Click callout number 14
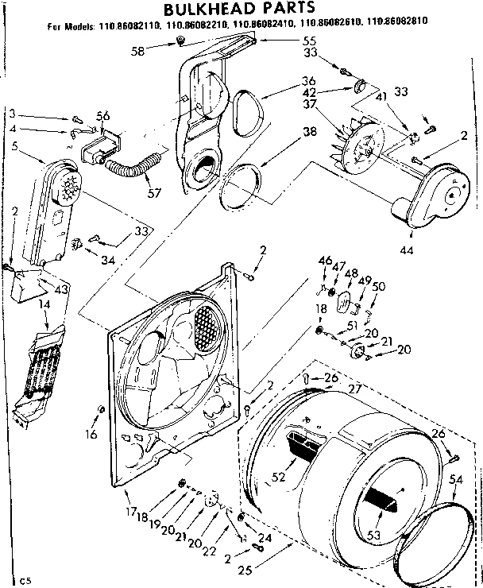24,304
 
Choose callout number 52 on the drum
278,477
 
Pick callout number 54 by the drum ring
455,479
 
